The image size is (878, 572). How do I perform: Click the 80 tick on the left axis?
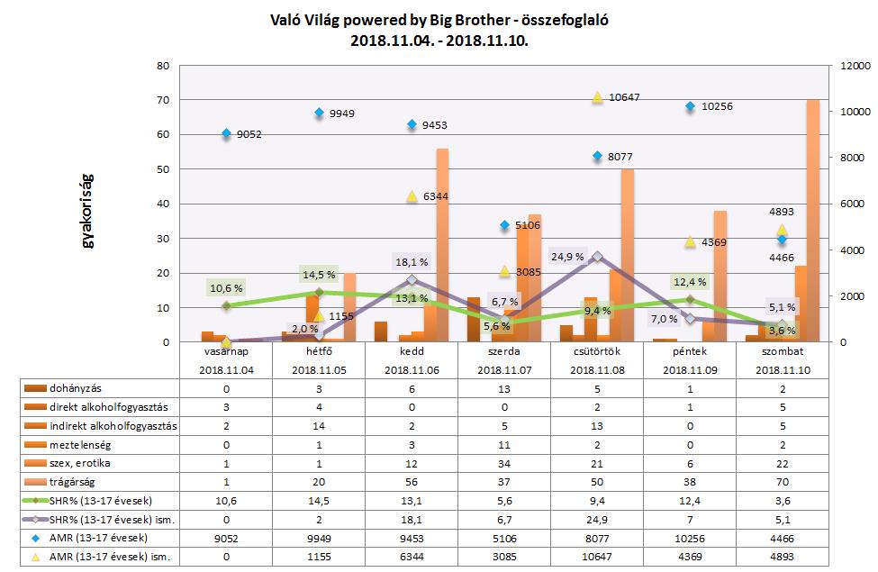coord(163,66)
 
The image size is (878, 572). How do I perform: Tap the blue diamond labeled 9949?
coord(319,113)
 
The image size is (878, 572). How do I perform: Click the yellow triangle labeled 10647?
coord(596,97)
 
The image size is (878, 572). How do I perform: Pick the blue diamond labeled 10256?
coord(690,106)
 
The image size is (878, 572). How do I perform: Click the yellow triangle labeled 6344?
coord(412,196)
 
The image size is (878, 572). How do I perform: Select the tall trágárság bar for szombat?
coord(812,221)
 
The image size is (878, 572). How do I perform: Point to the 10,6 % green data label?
coord(225,288)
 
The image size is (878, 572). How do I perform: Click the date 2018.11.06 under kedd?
coord(412,369)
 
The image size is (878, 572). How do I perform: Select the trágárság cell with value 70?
coord(782,481)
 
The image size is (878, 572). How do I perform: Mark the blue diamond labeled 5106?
coord(504,225)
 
